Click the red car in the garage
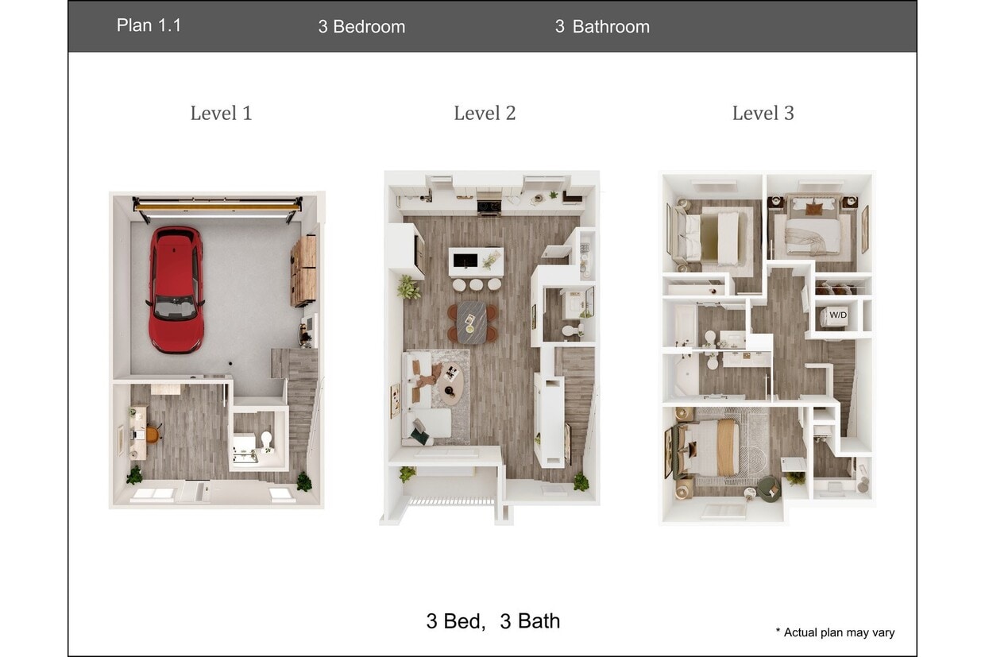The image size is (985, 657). point(176,288)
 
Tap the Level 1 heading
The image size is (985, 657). point(221,114)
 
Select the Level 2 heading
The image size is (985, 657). point(485,114)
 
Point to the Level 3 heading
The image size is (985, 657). point(763,114)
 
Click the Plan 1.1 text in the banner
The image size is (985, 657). point(149,25)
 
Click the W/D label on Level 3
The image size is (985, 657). point(838,315)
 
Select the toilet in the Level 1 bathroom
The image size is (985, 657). point(266,440)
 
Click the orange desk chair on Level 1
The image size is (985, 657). point(152,433)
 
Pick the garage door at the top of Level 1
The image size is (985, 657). point(217,207)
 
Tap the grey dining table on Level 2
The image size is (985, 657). point(472,322)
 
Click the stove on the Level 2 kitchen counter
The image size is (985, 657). point(488,207)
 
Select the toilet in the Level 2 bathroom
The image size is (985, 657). point(570,330)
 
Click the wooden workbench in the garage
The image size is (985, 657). point(304,270)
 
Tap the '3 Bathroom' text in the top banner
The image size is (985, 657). point(601,26)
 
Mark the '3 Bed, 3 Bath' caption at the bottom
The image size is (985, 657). point(492,620)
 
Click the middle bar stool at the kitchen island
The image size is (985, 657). point(477,284)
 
